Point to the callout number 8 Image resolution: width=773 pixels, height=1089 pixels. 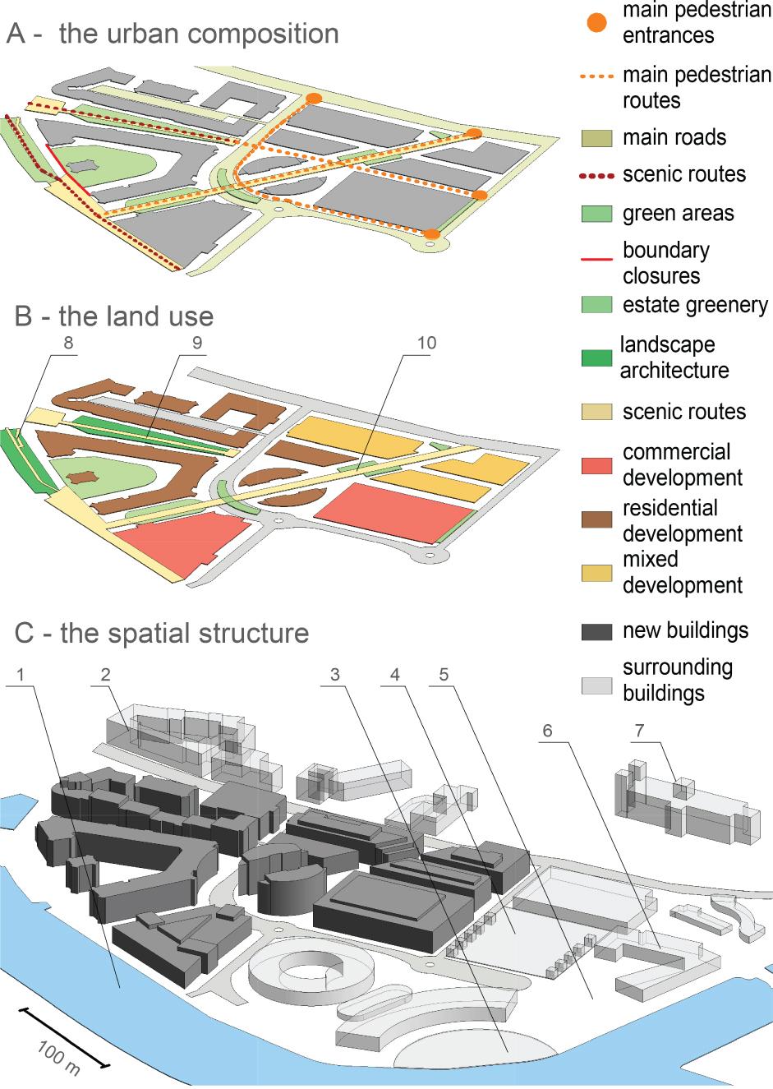69,343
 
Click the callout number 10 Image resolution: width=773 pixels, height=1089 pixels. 426,343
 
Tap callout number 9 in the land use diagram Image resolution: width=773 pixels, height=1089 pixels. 196,343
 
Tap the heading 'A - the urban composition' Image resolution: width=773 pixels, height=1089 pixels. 173,34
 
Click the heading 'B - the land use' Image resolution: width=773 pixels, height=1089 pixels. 114,316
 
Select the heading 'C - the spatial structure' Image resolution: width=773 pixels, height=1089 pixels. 162,634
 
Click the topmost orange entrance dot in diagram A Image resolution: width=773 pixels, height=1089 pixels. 313,99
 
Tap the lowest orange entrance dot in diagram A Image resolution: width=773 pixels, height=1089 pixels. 431,234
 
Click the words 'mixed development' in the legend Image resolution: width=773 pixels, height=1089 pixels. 682,572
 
